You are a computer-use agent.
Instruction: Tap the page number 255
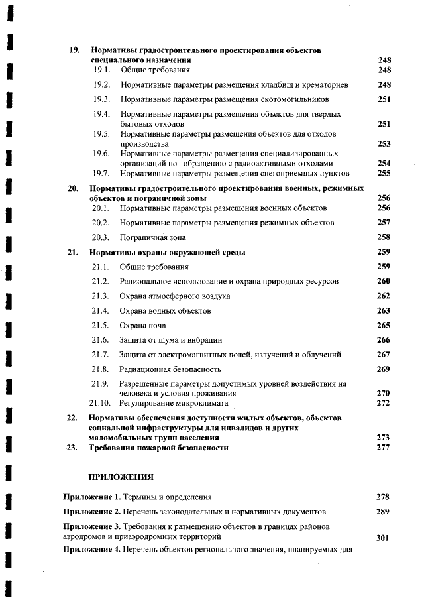click(384, 174)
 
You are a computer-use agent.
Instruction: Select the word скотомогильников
click(294, 99)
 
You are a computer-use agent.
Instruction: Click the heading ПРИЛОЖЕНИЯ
click(121, 476)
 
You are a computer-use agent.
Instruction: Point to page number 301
click(382, 538)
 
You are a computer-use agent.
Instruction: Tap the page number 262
click(384, 296)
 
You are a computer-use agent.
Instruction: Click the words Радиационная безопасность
click(170, 369)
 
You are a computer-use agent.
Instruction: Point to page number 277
click(384, 448)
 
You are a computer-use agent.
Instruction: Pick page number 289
click(384, 512)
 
